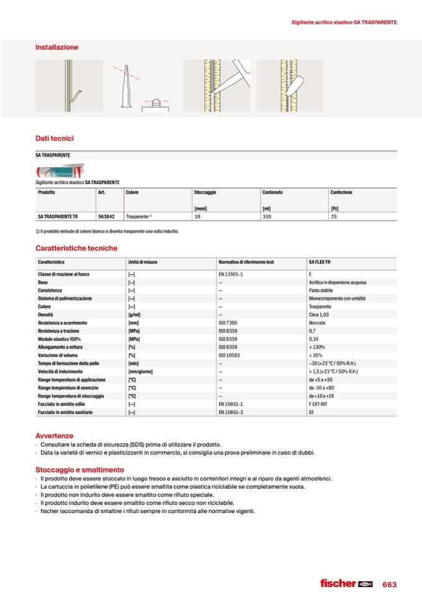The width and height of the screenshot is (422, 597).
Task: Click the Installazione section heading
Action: coord(57,47)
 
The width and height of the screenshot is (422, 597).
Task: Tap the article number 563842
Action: coord(105,217)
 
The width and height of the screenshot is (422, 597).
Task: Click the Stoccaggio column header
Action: coord(205,192)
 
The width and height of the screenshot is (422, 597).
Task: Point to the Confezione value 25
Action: coord(334,217)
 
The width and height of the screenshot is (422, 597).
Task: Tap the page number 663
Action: coord(390,584)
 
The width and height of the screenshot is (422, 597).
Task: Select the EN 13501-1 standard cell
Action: coord(230,274)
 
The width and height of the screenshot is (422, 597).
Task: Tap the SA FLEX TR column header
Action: coord(321,263)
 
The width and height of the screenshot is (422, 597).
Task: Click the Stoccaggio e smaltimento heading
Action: coord(80,469)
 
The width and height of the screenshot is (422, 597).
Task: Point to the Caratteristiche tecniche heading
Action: coord(77,248)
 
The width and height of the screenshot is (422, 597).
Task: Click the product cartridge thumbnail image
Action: coord(60,172)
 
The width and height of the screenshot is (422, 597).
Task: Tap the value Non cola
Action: coord(317,322)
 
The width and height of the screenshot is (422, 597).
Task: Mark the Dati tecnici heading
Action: coord(55,138)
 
